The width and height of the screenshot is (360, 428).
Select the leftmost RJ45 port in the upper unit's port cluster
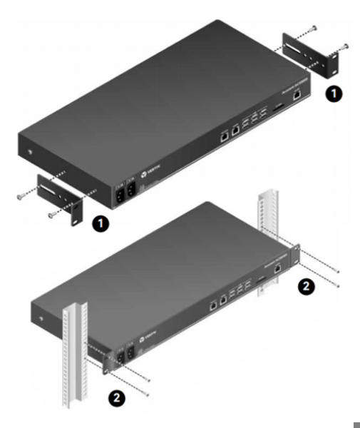[x=222, y=132]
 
